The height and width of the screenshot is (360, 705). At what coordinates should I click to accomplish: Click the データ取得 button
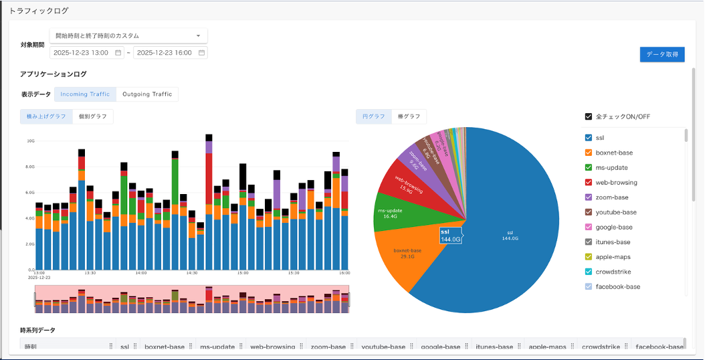662,54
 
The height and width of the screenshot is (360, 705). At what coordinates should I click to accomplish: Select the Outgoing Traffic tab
147,94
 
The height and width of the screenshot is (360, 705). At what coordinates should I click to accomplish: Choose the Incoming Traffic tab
85,94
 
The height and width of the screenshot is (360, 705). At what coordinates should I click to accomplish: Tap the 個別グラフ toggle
93,116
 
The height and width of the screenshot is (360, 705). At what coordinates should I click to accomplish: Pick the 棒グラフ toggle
409,116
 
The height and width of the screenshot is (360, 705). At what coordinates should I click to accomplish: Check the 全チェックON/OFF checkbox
589,116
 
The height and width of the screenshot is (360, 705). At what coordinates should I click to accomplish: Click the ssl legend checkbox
589,138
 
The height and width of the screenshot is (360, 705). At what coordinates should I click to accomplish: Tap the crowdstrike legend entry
613,272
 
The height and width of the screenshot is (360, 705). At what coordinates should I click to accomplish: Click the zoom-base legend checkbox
589,197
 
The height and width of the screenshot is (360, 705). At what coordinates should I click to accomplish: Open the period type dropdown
128,35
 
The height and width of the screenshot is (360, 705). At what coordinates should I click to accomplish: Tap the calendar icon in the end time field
201,52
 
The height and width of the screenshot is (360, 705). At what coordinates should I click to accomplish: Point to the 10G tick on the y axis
30,141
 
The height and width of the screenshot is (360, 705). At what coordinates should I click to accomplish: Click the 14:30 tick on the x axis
192,273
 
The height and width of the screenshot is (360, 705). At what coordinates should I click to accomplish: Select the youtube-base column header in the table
383,347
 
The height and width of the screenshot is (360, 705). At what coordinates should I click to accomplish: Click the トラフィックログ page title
39,11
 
